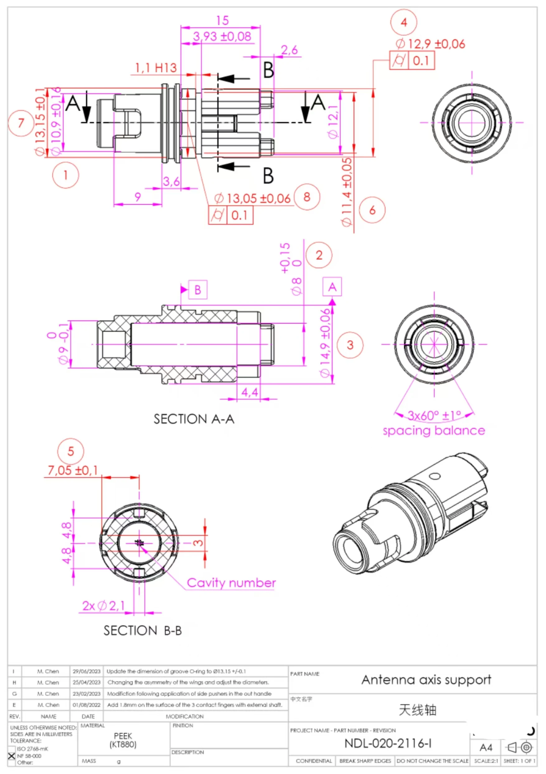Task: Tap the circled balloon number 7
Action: pos(21,123)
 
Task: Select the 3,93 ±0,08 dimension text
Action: pos(222,36)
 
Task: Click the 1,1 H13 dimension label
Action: pos(156,68)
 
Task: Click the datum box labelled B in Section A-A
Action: pos(198,290)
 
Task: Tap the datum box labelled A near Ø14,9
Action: pos(332,287)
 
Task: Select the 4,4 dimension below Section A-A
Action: pos(249,392)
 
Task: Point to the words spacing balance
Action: pos(434,430)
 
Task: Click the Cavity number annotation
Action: pos(231,583)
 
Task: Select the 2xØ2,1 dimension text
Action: pos(104,606)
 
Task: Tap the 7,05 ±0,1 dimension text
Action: pos(73,470)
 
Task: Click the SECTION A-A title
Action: pos(194,419)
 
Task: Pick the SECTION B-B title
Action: pos(142,631)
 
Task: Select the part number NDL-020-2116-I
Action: pos(388,744)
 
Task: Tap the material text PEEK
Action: pos(123,736)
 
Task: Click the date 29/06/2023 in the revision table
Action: pos(87,671)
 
